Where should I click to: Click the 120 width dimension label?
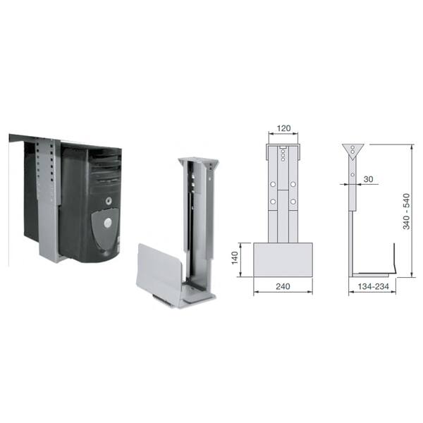[x=284, y=128]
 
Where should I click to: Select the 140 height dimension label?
[x=235, y=257]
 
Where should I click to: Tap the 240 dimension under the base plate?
[x=283, y=286]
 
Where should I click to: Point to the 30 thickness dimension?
[x=368, y=179]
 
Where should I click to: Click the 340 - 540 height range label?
[x=406, y=211]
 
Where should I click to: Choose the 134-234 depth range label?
[x=374, y=286]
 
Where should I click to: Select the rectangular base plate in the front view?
[x=283, y=259]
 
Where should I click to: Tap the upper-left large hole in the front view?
[x=273, y=184]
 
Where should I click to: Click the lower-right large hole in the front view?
[x=293, y=202]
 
